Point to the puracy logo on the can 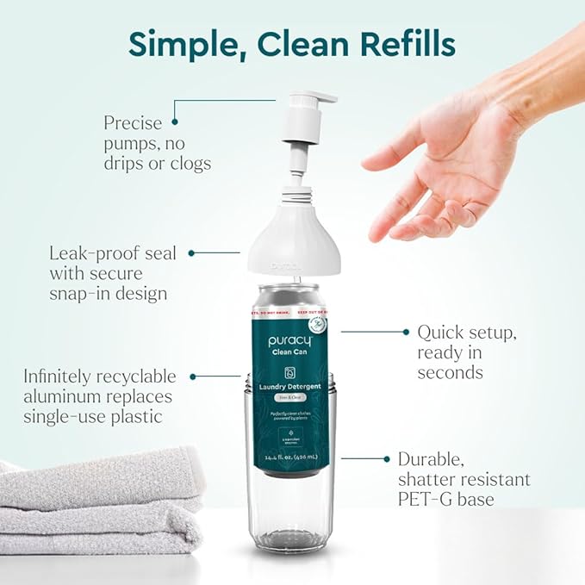coord(289,341)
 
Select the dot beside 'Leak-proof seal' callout coord(190,253)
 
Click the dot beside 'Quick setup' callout coord(404,331)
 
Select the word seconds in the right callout coord(450,372)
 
